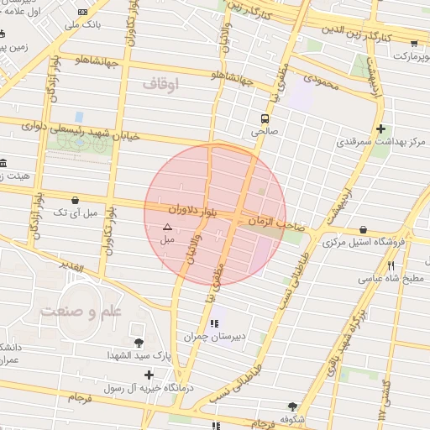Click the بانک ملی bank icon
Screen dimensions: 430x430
coord(82,12)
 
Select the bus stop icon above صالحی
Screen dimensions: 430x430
coord(265,118)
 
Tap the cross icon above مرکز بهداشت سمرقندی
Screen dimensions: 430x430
coord(381,128)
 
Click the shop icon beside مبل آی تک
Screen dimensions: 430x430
coord(77,201)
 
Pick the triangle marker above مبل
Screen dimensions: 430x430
coord(167,227)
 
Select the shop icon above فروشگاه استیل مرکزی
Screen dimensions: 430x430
coord(363,229)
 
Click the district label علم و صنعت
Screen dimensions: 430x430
coord(81,311)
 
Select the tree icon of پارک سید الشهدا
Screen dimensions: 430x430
coord(139,343)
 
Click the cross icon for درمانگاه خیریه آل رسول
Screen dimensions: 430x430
coord(149,375)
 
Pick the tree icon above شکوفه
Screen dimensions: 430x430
coord(291,406)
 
